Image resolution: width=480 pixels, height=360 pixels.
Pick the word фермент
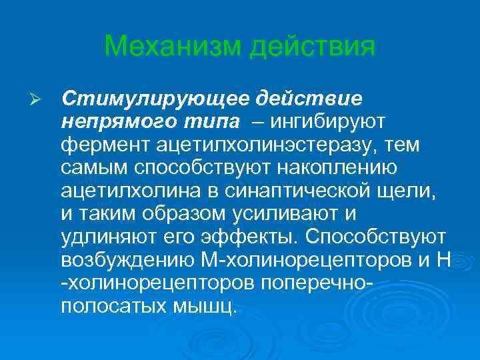(x=99, y=145)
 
